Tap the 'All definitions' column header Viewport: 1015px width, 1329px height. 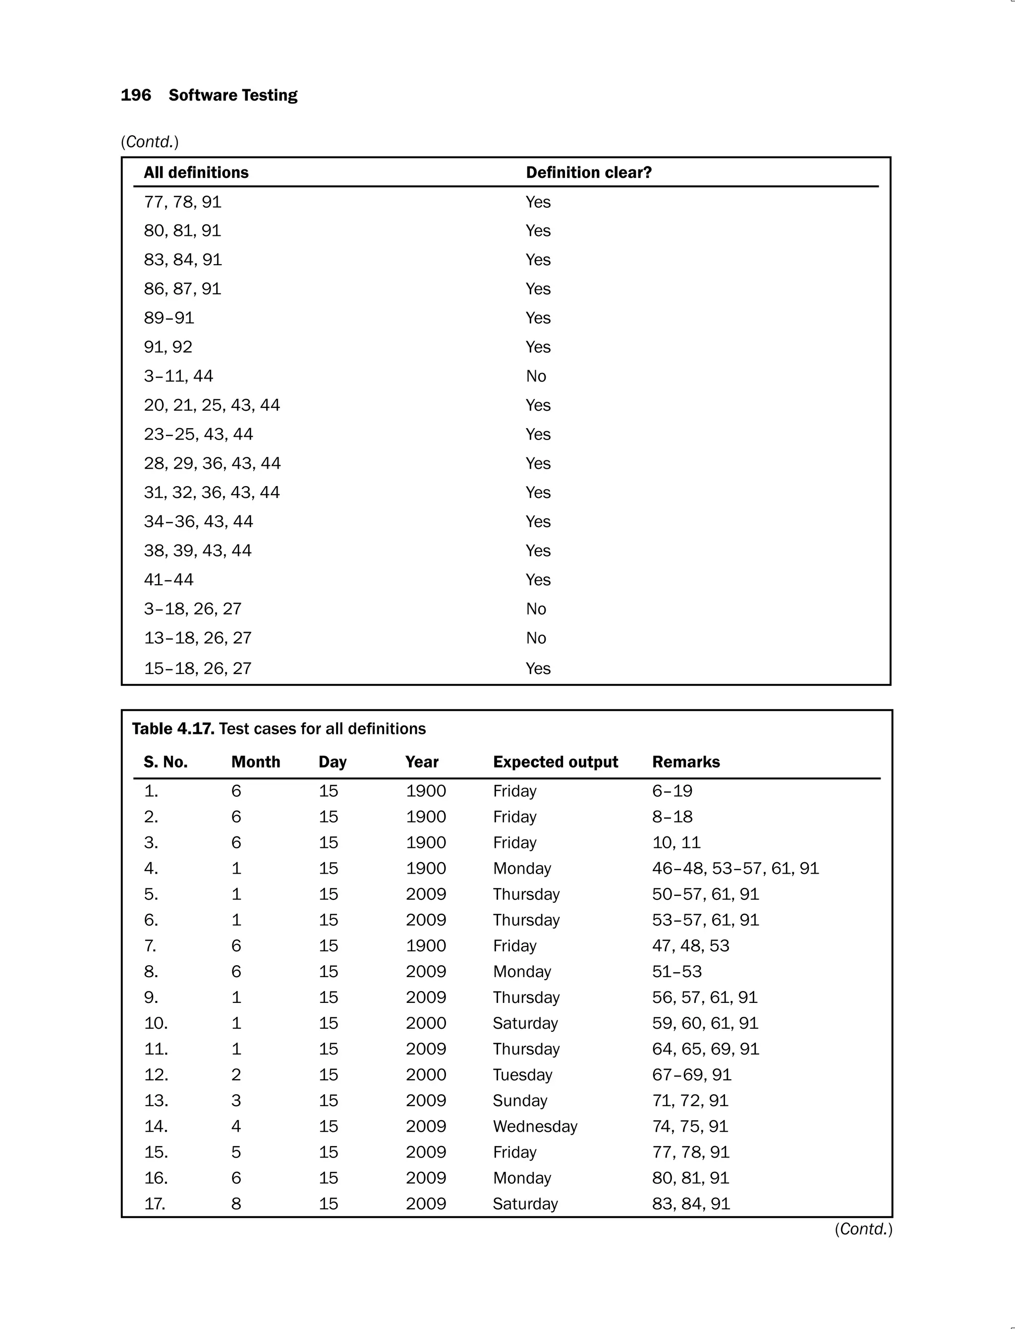coord(196,173)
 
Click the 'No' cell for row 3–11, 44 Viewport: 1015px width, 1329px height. coord(536,376)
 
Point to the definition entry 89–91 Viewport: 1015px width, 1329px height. coord(169,318)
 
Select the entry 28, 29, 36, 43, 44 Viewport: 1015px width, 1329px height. coord(212,463)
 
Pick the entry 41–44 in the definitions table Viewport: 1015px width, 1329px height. coord(169,580)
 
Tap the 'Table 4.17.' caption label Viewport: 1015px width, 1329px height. coord(173,728)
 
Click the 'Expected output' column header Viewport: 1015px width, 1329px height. coord(555,762)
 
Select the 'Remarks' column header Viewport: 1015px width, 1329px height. coord(686,762)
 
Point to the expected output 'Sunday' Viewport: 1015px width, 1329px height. coord(519,1100)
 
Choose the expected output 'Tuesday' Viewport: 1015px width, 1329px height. coord(522,1075)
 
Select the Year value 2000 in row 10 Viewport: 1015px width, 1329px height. coord(425,1023)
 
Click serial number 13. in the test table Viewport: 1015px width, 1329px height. coord(156,1100)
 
